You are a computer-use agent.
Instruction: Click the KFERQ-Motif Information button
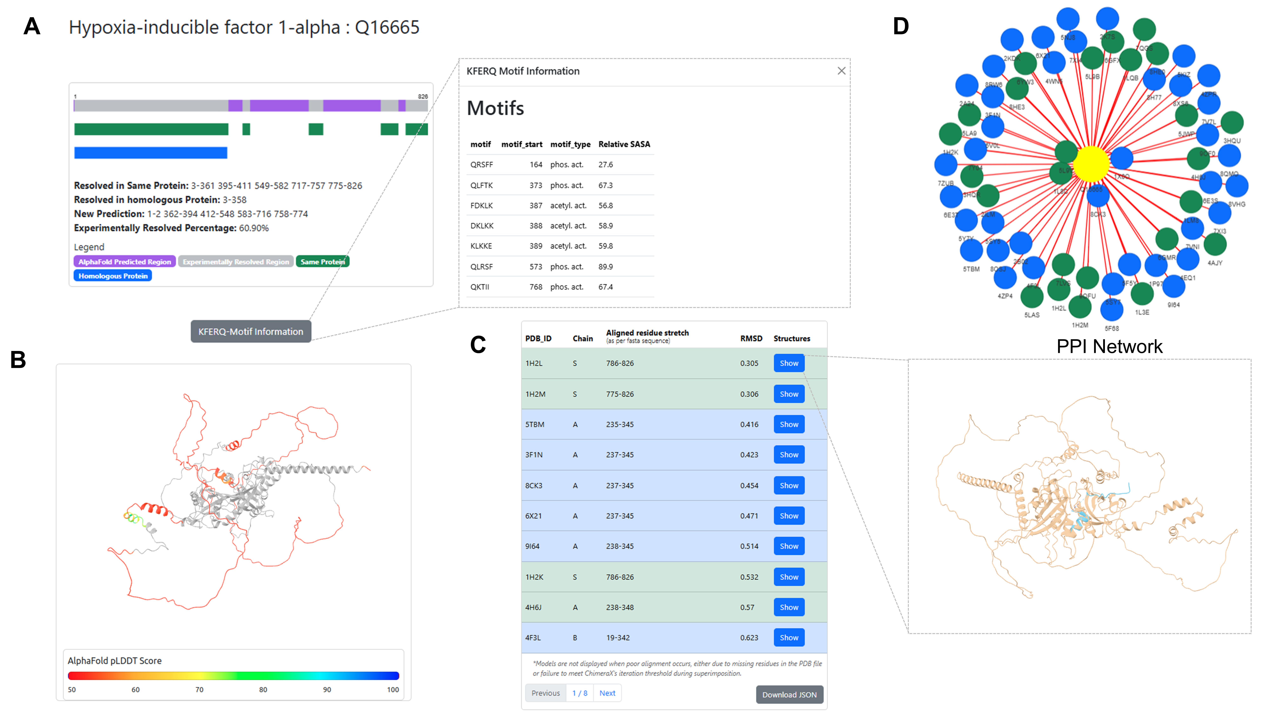(251, 332)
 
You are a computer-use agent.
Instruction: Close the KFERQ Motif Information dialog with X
(841, 71)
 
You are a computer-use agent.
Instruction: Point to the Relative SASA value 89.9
(605, 267)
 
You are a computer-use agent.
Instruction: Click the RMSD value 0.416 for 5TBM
(749, 424)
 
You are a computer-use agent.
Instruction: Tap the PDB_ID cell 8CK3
(533, 485)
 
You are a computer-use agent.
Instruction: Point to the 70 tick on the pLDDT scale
(199, 689)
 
